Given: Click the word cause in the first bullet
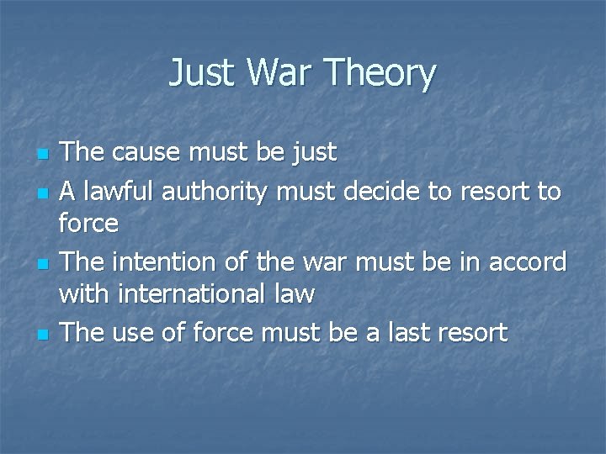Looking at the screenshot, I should click(x=147, y=153).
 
